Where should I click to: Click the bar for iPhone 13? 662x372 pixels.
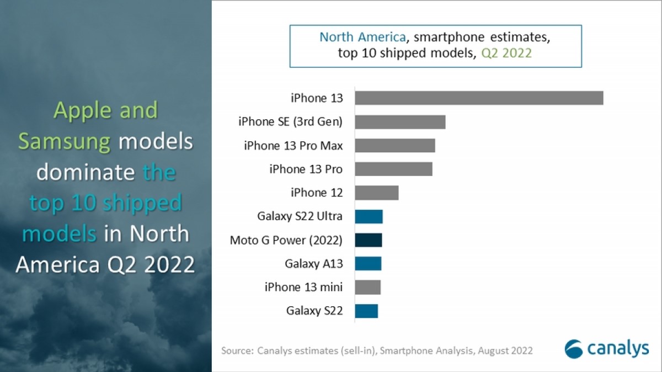pos(479,98)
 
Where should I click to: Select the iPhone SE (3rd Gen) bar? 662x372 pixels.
pos(400,122)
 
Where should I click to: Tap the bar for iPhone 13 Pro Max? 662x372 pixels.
pos(395,146)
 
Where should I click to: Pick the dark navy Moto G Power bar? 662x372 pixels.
pos(369,240)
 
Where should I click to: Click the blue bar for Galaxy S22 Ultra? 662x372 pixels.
pos(369,216)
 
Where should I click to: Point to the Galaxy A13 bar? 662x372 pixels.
pos(368,264)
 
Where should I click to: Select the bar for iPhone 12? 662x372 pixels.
pos(377,193)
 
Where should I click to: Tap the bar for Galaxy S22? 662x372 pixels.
pos(366,311)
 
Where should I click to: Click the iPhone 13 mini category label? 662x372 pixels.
pos(303,287)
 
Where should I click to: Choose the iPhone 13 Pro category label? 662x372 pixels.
pos(306,169)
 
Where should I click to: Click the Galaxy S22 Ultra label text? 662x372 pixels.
pos(300,216)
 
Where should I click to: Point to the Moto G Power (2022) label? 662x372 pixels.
pos(286,240)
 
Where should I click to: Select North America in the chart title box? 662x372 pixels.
pos(363,38)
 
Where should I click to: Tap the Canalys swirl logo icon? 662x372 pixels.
pos(573,349)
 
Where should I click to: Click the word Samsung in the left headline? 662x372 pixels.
pos(64,142)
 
